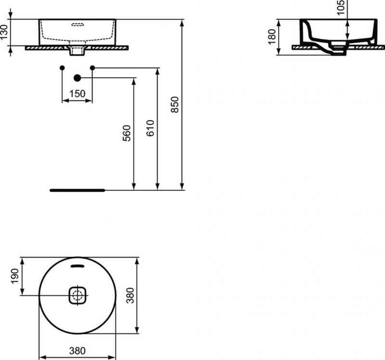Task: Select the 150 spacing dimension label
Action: point(77,94)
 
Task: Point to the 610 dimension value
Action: point(151,128)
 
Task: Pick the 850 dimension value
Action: point(175,105)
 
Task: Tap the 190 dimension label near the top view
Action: point(15,276)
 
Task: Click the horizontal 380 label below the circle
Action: point(77,351)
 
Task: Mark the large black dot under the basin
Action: point(77,77)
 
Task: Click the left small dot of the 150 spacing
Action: point(62,67)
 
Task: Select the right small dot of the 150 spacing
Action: point(92,67)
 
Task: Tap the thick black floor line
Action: point(77,190)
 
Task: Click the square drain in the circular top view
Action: point(77,295)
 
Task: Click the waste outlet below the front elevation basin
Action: point(77,50)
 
